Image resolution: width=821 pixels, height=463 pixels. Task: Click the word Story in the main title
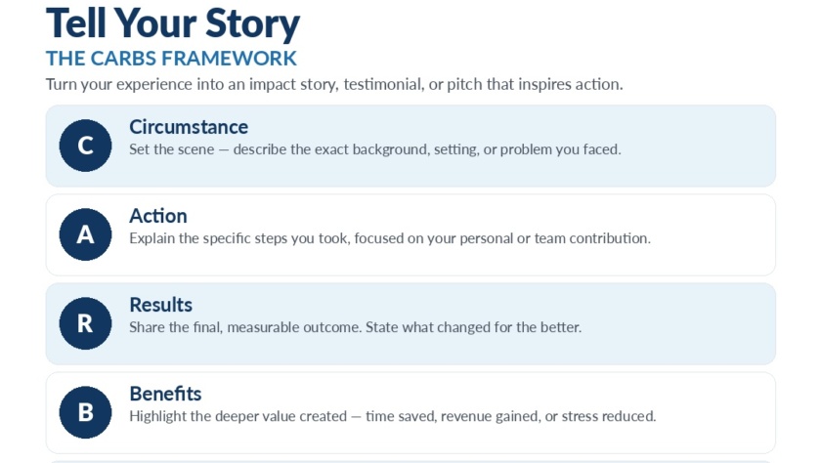(252, 24)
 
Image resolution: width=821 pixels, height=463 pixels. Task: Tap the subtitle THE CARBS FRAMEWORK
(171, 58)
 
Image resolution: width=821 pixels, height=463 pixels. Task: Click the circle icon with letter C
(85, 146)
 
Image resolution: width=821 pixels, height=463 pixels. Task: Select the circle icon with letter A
(85, 234)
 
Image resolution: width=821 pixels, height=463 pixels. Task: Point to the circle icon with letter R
(85, 323)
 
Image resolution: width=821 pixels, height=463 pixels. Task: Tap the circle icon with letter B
(85, 412)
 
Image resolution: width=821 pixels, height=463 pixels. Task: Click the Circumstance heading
(189, 127)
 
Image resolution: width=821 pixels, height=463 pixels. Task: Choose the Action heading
(158, 216)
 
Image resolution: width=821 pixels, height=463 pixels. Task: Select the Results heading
(160, 305)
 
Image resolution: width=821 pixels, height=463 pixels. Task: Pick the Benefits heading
(165, 394)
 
